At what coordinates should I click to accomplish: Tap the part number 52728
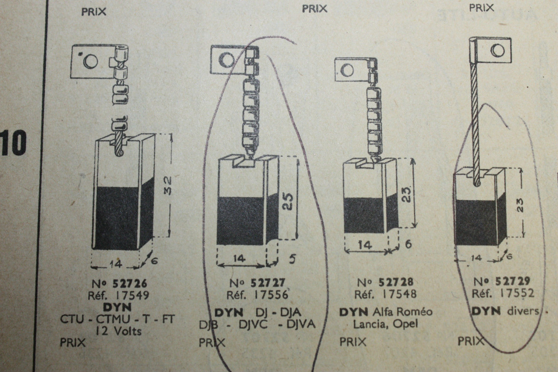[x=396, y=282]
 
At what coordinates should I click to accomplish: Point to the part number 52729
[x=513, y=281]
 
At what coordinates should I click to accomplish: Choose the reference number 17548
[x=399, y=294]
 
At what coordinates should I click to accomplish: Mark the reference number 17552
[x=516, y=293]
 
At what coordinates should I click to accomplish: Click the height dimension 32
[x=167, y=185]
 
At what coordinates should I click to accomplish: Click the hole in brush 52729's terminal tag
[x=498, y=50]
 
